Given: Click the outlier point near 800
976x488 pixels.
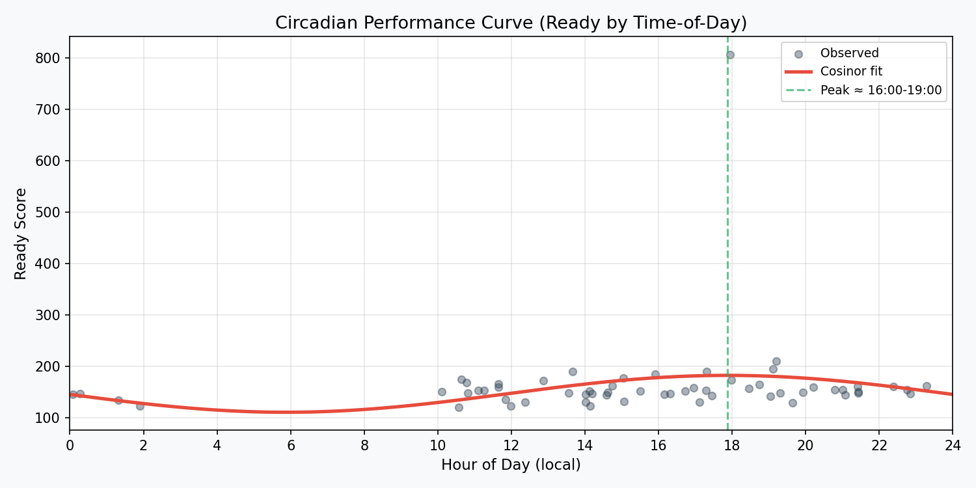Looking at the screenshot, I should pos(730,55).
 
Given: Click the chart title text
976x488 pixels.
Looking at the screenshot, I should pos(511,23).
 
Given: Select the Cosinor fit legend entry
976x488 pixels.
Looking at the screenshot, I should pos(851,72).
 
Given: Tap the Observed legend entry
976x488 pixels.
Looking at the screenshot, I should pos(849,53).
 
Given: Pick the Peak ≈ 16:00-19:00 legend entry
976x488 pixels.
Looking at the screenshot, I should pos(880,90).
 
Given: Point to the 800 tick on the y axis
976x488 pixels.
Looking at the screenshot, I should pos(52,58).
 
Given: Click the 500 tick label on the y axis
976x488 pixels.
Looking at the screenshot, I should pos(52,212).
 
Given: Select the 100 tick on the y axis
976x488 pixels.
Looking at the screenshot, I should pos(52,418).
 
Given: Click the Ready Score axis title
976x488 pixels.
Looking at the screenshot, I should pos(21,233).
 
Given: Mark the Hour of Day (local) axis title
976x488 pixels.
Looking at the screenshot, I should pos(511,465).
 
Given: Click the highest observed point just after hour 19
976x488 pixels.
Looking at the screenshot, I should pos(776,361).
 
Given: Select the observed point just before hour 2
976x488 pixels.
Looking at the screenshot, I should pos(140,406).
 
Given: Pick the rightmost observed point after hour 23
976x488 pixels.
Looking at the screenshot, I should pos(927,386).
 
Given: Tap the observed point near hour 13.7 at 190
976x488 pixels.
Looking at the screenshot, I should pos(573,372).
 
